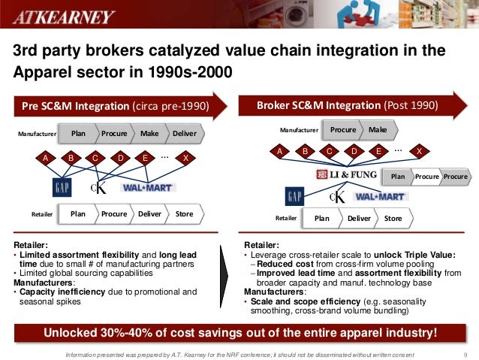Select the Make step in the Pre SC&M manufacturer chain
click(x=149, y=134)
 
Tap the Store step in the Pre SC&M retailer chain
click(x=184, y=213)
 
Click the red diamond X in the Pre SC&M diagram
click(x=185, y=159)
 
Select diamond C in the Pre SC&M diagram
click(x=95, y=159)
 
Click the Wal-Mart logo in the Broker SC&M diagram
click(x=381, y=197)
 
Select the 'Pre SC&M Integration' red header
click(x=113, y=106)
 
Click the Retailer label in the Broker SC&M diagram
click(x=286, y=219)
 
